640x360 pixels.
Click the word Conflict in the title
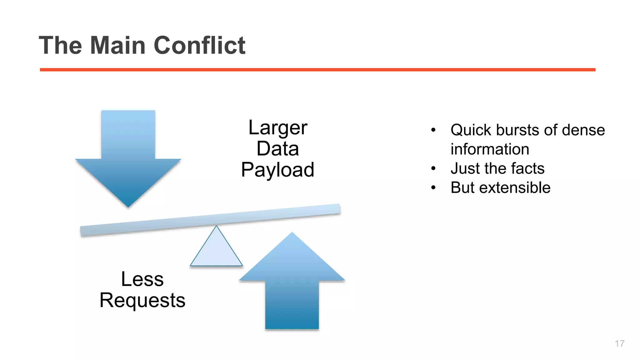(199, 45)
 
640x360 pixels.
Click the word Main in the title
(118, 45)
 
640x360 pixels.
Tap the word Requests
(142, 300)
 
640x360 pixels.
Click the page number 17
(619, 343)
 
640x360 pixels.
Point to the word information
(490, 149)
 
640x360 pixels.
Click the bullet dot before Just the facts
(433, 168)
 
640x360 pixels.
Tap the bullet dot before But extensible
(433, 188)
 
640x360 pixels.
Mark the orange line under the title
(317, 70)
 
